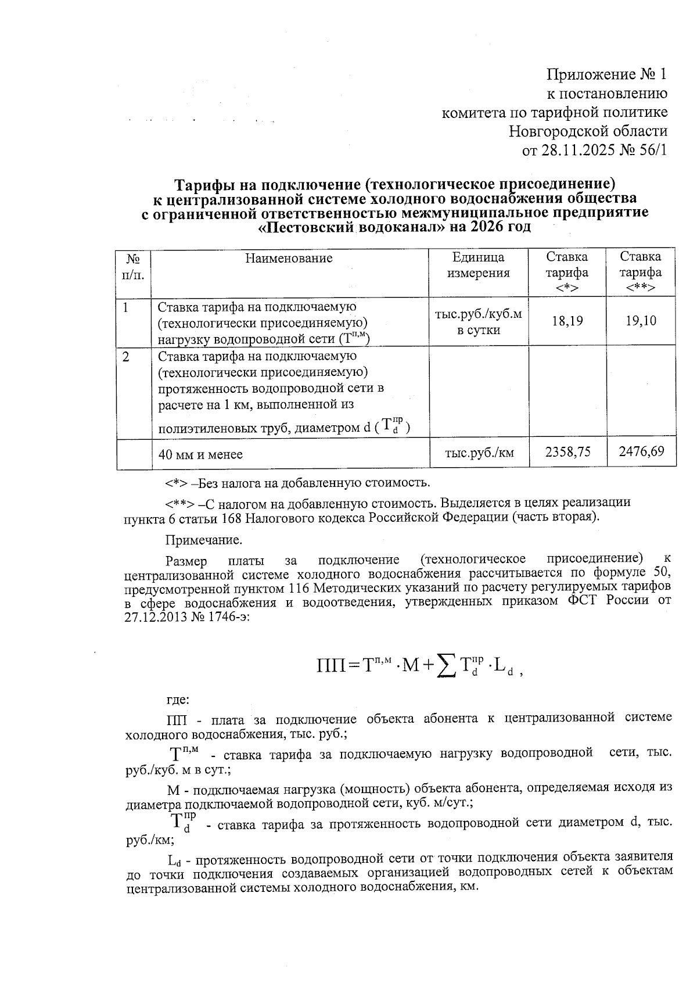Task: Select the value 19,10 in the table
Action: tap(641, 320)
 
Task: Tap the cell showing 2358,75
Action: tap(567, 451)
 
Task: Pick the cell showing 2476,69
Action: tap(641, 451)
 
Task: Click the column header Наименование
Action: tap(289, 258)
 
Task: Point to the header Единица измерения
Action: tap(478, 265)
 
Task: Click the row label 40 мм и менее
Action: tap(200, 454)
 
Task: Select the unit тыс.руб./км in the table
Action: tap(479, 452)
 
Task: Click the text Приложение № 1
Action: tap(607, 74)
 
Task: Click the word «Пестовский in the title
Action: tap(306, 227)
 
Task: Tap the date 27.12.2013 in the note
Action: tap(155, 617)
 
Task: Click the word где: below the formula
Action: tap(178, 700)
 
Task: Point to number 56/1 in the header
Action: tap(650, 150)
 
